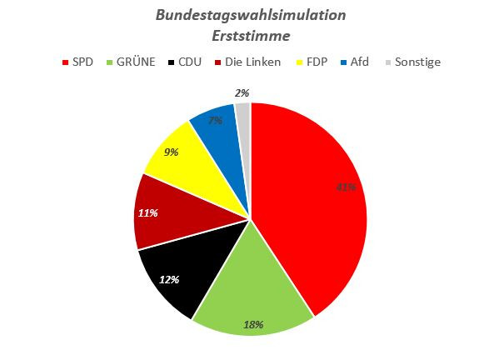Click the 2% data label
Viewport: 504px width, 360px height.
pos(242,93)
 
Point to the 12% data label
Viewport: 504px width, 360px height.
pos(169,280)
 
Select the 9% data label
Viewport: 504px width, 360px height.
pos(170,152)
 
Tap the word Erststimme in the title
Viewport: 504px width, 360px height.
pos(250,37)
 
